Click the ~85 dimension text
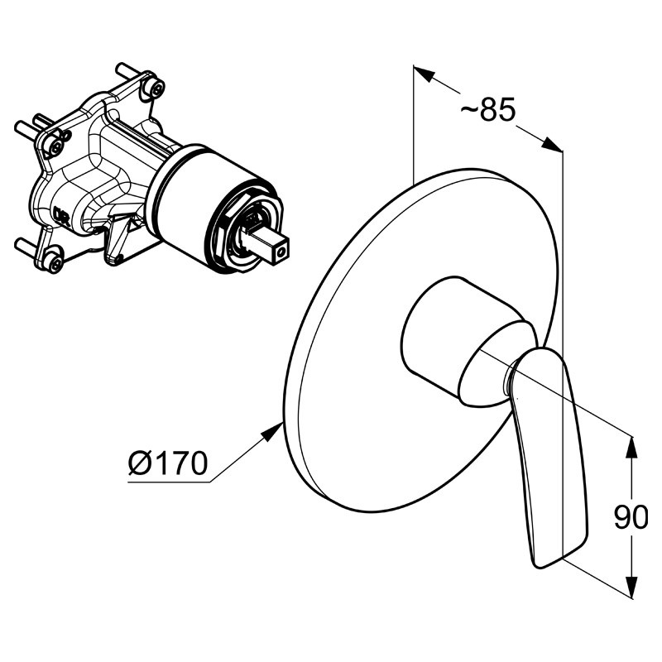(487, 110)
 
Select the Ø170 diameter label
(168, 463)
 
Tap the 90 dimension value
(631, 517)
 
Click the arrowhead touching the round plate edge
(272, 432)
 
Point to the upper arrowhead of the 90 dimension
(631, 447)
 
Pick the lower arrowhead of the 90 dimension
(631, 586)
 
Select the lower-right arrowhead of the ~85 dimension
(552, 144)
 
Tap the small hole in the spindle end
(281, 252)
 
